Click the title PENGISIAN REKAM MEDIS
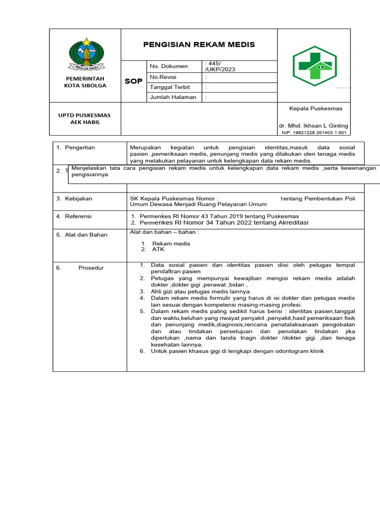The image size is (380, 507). coord(199,45)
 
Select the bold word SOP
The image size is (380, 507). coord(133,81)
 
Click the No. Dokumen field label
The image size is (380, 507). coord(169,66)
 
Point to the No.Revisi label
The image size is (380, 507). coord(163,77)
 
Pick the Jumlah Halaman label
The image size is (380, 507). coord(173,97)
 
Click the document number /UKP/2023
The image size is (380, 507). coord(220,69)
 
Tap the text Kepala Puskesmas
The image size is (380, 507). coord(316,108)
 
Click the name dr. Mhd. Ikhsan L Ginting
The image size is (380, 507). coord(313,126)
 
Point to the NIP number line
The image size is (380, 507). coord(314,133)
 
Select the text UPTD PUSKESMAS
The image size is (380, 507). coord(86,115)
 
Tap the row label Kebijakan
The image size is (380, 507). coord(78,199)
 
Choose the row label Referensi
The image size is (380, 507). coord(78,216)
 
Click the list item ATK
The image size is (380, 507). coord(158,250)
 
